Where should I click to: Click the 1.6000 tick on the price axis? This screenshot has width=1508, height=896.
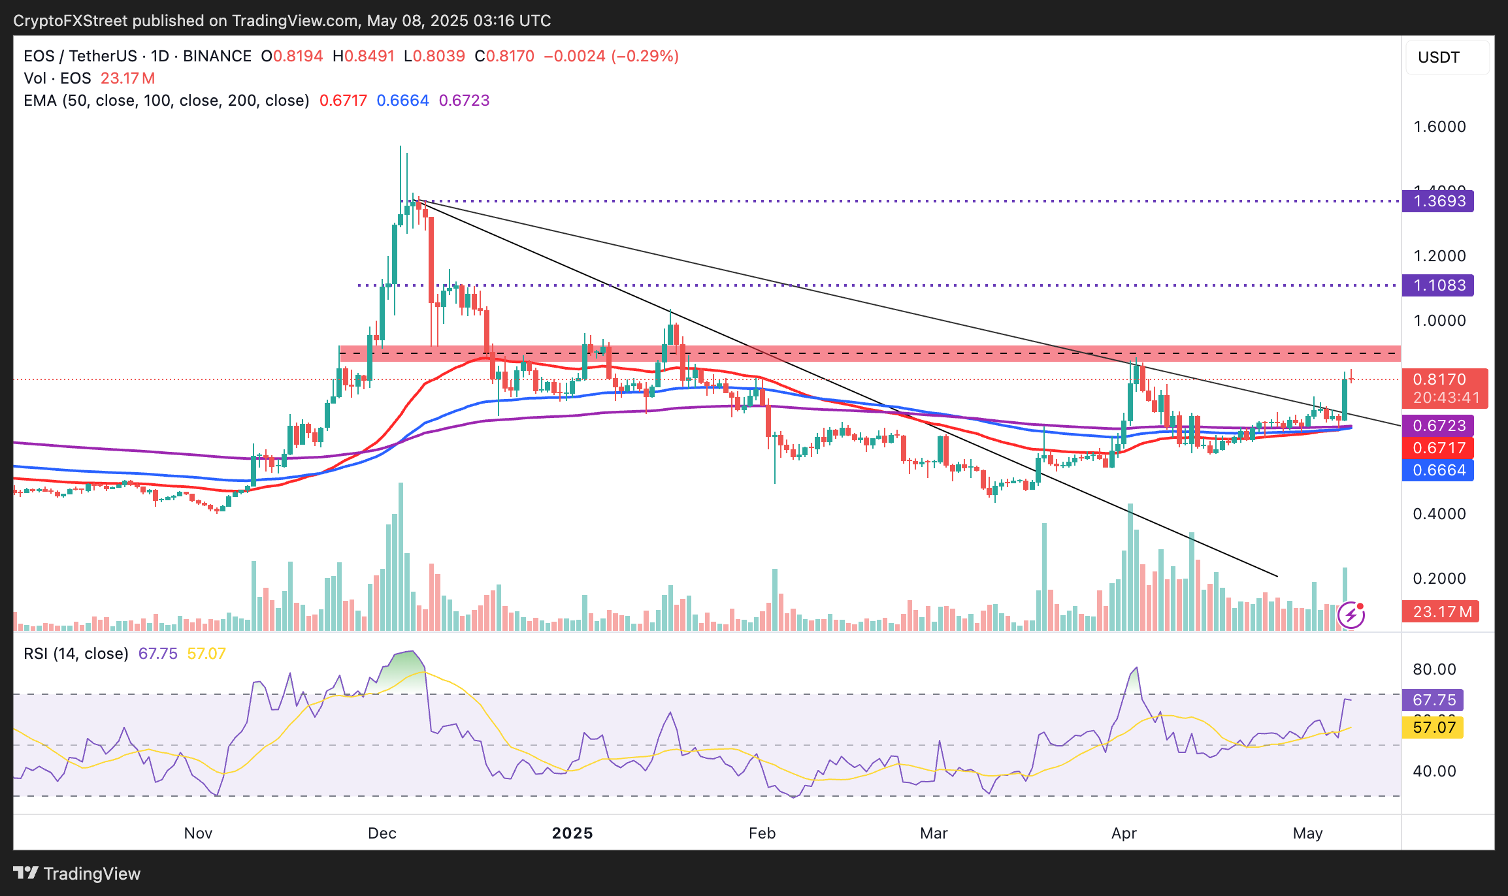click(x=1439, y=127)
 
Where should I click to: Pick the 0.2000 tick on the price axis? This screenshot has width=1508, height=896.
click(x=1439, y=579)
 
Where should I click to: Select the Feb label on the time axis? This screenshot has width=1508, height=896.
click(x=762, y=833)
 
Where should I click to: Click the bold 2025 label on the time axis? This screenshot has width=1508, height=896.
click(x=572, y=833)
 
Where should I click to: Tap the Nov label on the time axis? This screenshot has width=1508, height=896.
click(x=198, y=833)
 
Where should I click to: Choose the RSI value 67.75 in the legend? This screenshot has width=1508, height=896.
click(x=157, y=654)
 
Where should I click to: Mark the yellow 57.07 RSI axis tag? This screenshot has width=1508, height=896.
click(x=1433, y=728)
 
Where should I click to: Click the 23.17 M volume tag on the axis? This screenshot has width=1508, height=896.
click(x=1440, y=612)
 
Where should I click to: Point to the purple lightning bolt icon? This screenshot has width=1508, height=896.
click(x=1351, y=615)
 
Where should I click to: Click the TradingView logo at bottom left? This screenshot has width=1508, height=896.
click(x=77, y=874)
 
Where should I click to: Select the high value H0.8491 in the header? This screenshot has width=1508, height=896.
click(x=363, y=56)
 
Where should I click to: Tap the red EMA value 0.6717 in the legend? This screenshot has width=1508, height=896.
click(x=343, y=101)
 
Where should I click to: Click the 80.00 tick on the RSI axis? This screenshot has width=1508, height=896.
click(x=1434, y=669)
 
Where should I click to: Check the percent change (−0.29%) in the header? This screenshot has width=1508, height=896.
click(x=645, y=56)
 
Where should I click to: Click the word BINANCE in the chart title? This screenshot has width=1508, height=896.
click(x=217, y=56)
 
